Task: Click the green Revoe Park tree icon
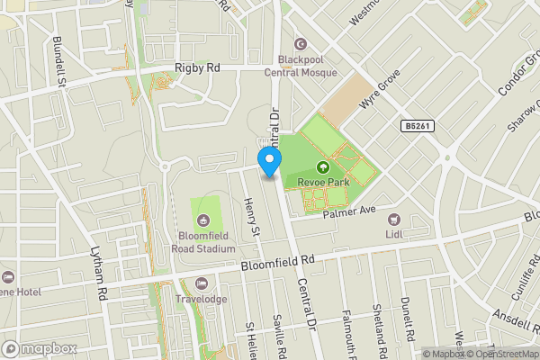323,166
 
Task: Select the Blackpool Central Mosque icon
301,43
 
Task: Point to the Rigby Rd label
197,67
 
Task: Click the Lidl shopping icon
392,219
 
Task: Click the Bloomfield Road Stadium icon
203,220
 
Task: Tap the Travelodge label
202,299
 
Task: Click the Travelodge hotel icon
202,283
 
